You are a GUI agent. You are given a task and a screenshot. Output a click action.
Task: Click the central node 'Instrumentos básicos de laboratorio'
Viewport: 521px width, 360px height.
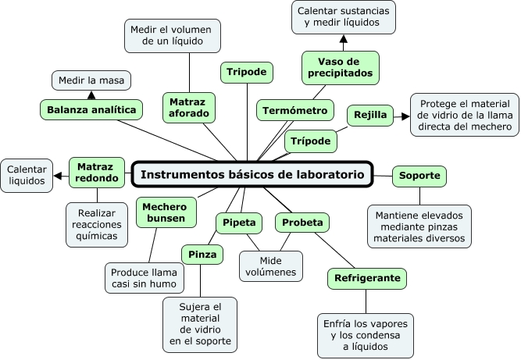pos(252,175)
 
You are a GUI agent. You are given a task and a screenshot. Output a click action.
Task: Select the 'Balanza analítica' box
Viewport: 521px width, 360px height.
pos(92,109)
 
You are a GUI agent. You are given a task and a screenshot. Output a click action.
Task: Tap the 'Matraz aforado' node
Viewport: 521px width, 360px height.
pos(188,108)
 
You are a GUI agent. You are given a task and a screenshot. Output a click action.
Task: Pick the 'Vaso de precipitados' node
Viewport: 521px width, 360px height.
pos(341,67)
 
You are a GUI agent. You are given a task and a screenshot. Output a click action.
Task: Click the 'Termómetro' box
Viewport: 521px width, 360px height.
pos(295,110)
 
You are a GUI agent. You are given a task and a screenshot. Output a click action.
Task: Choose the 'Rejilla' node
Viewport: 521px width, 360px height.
pos(370,116)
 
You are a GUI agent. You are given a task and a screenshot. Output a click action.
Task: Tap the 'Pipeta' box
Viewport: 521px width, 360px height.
pos(238,223)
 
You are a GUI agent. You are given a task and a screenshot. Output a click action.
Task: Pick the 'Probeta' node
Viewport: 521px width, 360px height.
pos(302,223)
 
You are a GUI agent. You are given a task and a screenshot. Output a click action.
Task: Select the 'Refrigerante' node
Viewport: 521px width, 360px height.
pos(368,277)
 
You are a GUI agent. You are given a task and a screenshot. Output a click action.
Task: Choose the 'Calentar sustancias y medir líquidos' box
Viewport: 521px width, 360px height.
pos(344,16)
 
